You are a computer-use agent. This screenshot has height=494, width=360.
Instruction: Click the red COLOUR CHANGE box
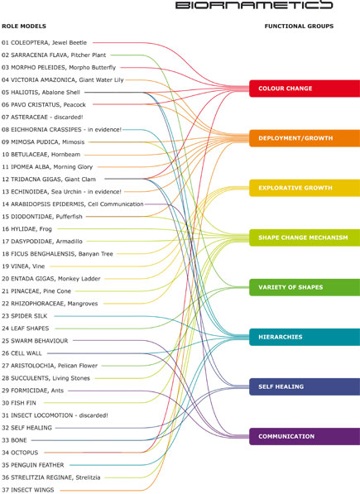point(305,89)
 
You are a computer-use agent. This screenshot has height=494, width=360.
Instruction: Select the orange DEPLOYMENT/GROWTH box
point(305,138)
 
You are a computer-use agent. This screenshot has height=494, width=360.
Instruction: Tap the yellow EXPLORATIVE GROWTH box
point(305,188)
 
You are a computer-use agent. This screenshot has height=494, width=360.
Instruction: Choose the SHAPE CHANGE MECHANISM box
point(305,237)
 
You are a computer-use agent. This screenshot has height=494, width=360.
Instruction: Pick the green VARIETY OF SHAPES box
point(305,287)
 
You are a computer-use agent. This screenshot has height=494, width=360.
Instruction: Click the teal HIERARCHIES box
point(305,337)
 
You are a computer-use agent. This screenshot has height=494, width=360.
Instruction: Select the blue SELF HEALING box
point(305,387)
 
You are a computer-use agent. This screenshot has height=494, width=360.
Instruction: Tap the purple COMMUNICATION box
point(305,437)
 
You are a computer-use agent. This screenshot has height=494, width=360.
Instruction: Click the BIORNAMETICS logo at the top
point(254,5)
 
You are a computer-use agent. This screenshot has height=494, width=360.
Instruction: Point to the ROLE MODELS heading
point(24,26)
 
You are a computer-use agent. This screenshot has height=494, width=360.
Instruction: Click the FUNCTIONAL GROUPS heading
point(299,26)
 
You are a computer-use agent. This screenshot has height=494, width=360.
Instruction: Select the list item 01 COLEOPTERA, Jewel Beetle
point(44,42)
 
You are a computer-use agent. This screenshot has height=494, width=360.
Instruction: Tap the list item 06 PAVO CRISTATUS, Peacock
point(44,104)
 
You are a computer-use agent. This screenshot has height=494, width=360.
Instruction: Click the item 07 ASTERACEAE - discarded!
point(42,118)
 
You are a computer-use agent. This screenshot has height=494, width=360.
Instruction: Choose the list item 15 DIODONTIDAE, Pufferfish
point(42,217)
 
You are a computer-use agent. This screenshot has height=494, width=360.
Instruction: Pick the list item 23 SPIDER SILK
point(24,316)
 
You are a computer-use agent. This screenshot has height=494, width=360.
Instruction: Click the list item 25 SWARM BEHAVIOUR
point(35,341)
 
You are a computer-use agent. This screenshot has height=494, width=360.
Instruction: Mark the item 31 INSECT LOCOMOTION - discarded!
point(55,415)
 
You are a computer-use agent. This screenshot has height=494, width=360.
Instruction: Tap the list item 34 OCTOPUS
point(20,453)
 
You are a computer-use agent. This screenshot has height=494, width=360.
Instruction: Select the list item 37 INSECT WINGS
point(27,490)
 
